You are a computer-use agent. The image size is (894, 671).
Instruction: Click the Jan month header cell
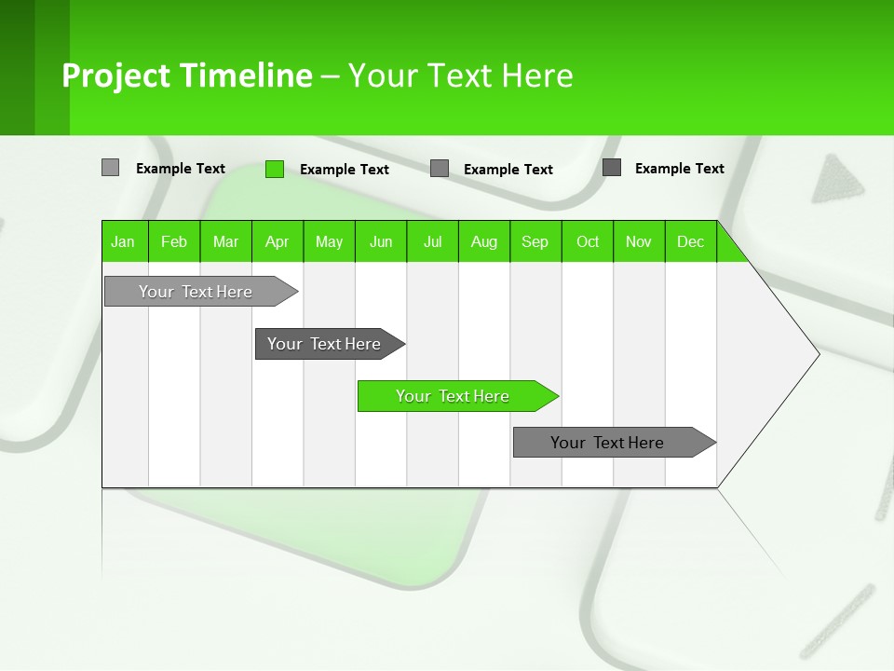(x=124, y=241)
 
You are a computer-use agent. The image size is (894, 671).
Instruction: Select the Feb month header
(x=174, y=241)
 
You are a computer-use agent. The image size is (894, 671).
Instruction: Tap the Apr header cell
(x=278, y=241)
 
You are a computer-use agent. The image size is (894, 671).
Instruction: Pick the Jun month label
(x=381, y=241)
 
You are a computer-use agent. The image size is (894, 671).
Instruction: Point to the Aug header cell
(x=484, y=241)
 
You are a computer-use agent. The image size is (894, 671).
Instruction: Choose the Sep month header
(x=535, y=241)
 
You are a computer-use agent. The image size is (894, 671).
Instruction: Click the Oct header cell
(x=588, y=241)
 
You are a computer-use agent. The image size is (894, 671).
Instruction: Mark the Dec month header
(x=691, y=241)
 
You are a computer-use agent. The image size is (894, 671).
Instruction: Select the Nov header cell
(x=639, y=241)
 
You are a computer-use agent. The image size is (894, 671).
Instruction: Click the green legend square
(x=275, y=169)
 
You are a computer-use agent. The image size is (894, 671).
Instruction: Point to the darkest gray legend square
(x=612, y=168)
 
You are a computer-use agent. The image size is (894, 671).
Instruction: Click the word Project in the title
(x=116, y=75)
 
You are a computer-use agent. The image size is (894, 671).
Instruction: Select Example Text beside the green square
(x=345, y=170)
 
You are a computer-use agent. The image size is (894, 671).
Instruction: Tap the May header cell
(x=329, y=241)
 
